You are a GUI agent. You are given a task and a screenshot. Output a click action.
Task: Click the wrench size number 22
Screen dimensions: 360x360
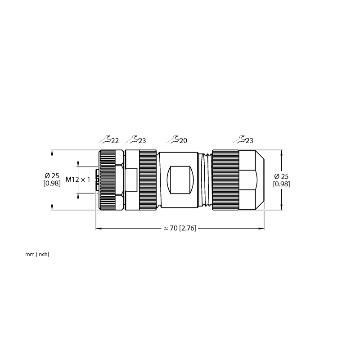click(115, 140)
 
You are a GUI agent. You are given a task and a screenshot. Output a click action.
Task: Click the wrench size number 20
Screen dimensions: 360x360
click(183, 140)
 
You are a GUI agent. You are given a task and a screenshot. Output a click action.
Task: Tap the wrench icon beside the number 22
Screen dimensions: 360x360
click(105, 139)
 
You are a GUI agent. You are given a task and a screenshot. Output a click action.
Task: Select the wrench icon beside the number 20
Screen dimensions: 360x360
click(173, 139)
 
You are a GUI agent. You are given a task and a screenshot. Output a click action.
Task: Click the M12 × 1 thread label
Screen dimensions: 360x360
click(78, 180)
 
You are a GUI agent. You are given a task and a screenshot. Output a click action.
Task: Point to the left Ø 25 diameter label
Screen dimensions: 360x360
click(52, 176)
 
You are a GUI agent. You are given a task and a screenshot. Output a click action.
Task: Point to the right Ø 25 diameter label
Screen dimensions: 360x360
click(281, 176)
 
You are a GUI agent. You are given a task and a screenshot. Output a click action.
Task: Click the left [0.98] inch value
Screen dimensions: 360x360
click(52, 183)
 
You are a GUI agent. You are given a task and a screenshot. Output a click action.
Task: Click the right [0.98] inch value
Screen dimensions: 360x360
click(282, 184)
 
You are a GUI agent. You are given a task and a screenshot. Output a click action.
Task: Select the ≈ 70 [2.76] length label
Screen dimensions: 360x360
click(180, 228)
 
